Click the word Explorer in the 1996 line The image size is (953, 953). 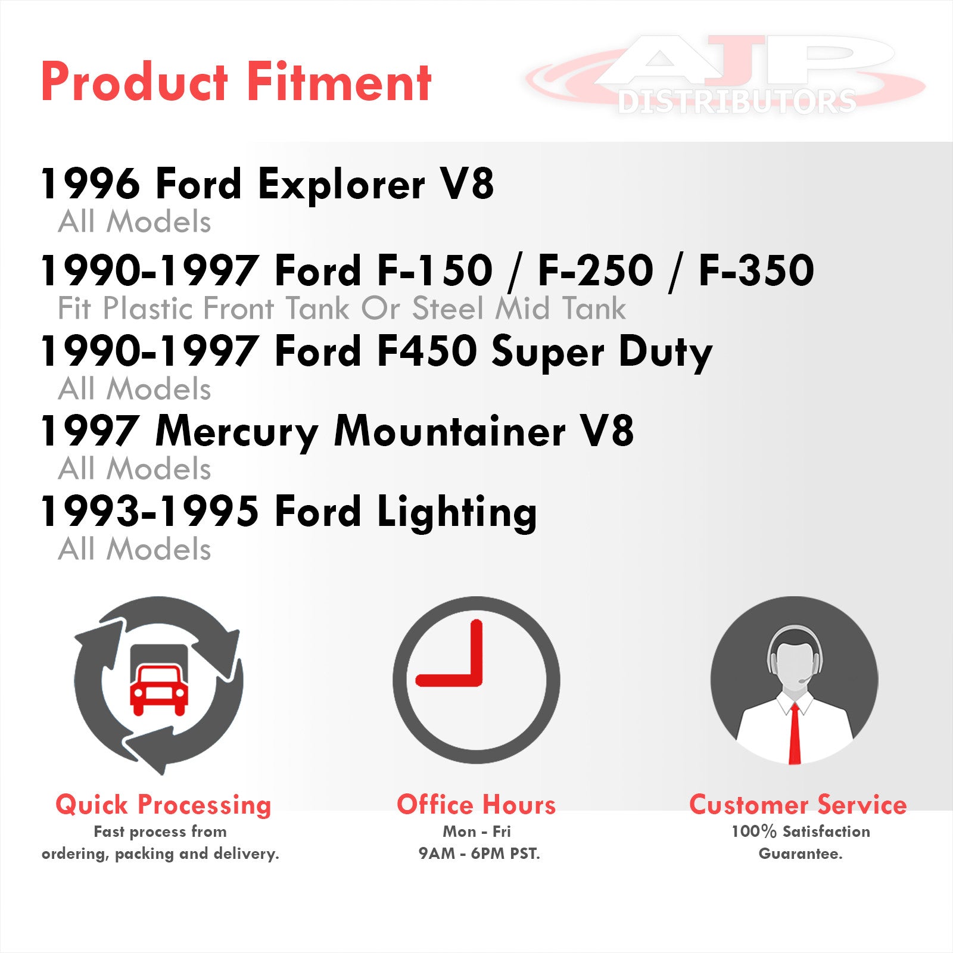pos(342,184)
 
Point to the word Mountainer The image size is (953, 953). pos(450,431)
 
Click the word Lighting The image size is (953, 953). pos(457,512)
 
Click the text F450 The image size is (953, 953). pos(427,351)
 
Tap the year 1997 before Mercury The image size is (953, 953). pos(89,431)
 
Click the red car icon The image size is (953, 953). pos(159,691)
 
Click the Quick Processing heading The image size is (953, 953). pos(163,805)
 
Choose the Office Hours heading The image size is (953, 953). pos(476,805)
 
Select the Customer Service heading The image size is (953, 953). pos(798,805)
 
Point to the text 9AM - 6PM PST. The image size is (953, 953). pos(479,854)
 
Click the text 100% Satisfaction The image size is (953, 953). pos(801,831)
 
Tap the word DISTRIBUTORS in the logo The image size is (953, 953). pos(737,102)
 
